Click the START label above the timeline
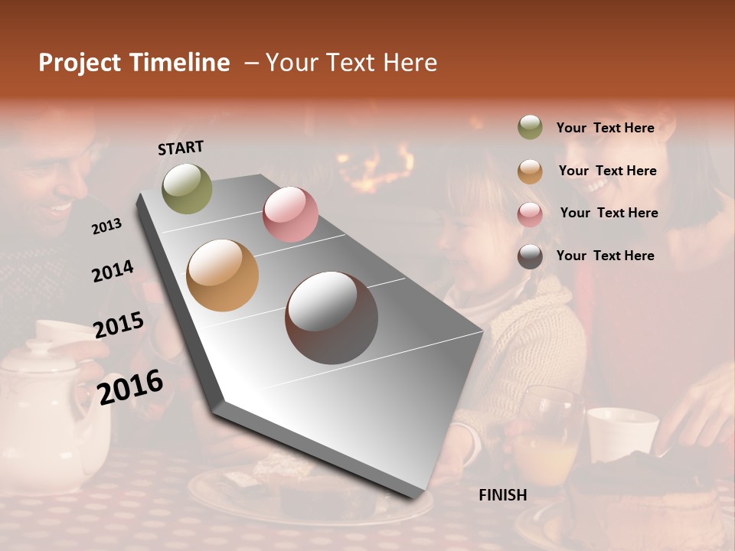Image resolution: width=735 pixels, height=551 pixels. click(x=181, y=148)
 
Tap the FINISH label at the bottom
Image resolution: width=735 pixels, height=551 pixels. click(x=503, y=495)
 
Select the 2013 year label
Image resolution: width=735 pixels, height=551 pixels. click(x=107, y=226)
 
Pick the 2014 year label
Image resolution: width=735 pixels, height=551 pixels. click(x=113, y=271)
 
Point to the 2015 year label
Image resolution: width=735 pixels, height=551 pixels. click(x=119, y=324)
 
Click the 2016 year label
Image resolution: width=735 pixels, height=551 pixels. click(x=130, y=386)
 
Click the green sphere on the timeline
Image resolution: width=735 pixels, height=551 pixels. click(x=187, y=188)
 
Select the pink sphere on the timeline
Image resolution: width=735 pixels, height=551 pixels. click(x=290, y=214)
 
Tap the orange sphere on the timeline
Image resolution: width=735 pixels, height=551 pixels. click(x=223, y=275)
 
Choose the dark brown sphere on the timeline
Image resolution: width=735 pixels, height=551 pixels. click(x=332, y=318)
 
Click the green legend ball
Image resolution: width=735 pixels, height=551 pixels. click(x=530, y=127)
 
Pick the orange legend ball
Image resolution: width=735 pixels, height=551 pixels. click(x=530, y=171)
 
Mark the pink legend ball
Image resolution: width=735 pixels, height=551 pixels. click(x=530, y=214)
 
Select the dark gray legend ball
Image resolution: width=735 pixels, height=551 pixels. click(x=530, y=256)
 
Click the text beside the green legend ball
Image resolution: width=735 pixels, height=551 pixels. click(x=605, y=128)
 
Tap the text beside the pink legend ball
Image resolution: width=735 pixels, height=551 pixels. click(x=609, y=213)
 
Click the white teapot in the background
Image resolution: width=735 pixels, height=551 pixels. click(x=42, y=413)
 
